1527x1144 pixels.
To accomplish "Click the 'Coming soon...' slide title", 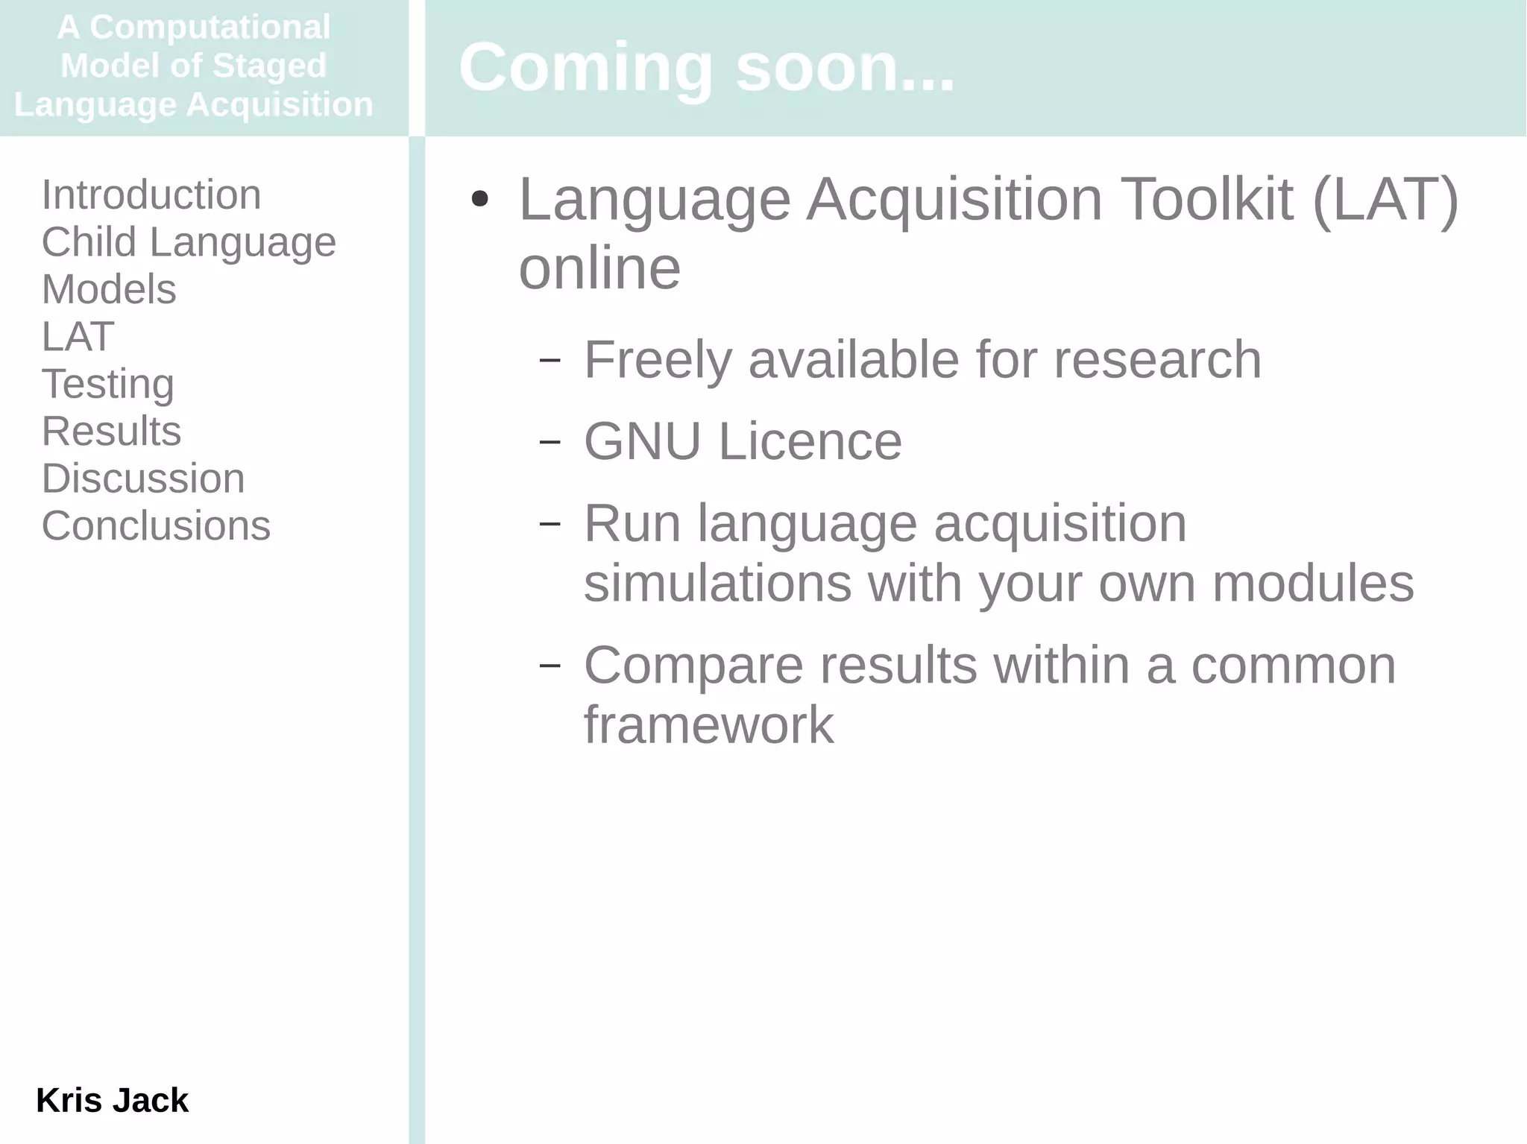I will coord(706,68).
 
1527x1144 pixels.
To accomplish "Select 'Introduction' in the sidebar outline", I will coord(151,195).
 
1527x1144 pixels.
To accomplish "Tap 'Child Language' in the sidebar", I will coord(189,242).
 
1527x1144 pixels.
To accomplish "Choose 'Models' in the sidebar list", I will coord(109,289).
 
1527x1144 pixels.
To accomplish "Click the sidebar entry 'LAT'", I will coord(78,336).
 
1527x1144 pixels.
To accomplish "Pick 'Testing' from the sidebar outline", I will coord(108,384).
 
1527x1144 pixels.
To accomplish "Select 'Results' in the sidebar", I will coord(111,431).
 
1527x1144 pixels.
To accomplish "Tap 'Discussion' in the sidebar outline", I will coord(143,478).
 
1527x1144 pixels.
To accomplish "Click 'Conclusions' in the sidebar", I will coord(156,525).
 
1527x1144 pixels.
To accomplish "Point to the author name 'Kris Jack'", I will coord(112,1100).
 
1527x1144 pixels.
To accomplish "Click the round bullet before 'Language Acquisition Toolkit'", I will coord(480,199).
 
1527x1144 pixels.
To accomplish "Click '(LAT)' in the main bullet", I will coord(1385,200).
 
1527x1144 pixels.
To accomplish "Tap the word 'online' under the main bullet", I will coord(599,268).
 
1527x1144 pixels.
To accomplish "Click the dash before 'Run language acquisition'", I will coord(550,523).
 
